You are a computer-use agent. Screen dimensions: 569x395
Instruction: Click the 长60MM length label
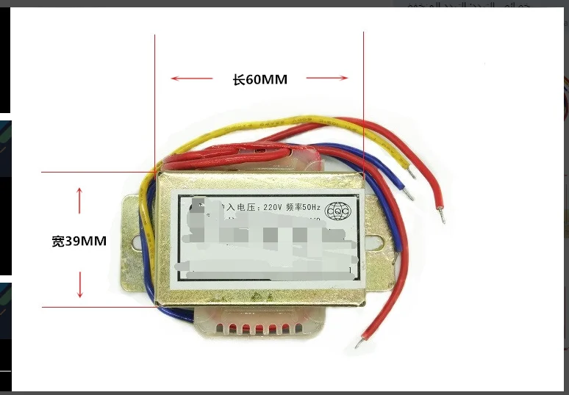pyautogui.click(x=260, y=80)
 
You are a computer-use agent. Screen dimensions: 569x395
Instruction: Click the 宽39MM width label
pyautogui.click(x=80, y=241)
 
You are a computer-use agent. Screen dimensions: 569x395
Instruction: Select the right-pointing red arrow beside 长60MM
pyautogui.click(x=327, y=78)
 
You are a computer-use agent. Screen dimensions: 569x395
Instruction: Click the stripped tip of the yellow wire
pyautogui.click(x=413, y=175)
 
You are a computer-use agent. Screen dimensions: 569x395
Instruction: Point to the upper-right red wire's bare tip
pyautogui.click(x=442, y=217)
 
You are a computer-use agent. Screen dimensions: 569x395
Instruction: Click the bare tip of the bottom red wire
pyautogui.click(x=358, y=342)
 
